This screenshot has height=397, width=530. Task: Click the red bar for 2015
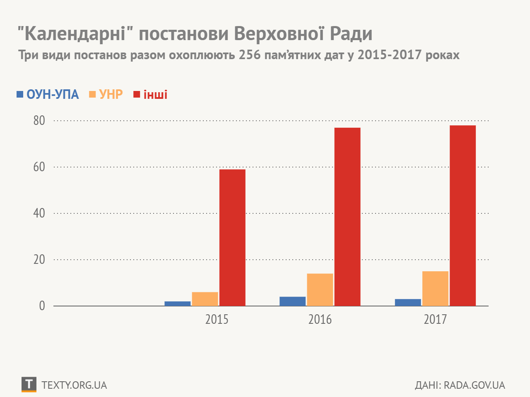coord(232,238)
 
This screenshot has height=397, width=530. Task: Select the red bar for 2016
coord(347,217)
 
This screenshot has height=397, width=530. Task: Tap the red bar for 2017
coord(463,215)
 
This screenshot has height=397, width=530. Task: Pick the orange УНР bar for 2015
coord(205,299)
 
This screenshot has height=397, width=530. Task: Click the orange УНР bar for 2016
coord(320,289)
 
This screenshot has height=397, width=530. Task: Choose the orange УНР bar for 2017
coord(435,288)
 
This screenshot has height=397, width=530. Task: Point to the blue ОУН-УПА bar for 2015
coord(178,304)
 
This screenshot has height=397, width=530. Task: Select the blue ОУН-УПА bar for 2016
coord(292,301)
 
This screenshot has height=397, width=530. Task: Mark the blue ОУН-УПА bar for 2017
coord(408,302)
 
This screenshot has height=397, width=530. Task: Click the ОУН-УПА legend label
coord(53,95)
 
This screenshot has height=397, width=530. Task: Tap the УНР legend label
coord(111,95)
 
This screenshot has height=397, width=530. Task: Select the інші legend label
coord(155,95)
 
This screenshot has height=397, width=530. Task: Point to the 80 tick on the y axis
coord(39,121)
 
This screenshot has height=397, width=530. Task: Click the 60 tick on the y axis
coord(39,167)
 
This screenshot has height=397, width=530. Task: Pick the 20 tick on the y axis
coord(39,260)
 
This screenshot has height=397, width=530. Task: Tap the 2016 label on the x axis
coord(320,320)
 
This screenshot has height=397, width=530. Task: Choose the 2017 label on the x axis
coord(435,320)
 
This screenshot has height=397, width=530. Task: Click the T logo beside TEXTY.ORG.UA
coord(29,385)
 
